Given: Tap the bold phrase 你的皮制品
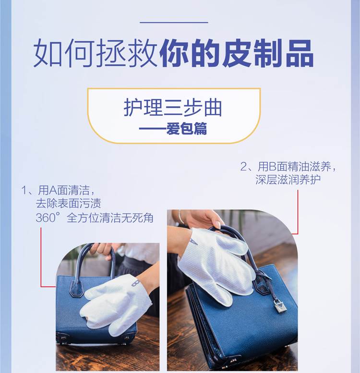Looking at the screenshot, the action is [x=237, y=53].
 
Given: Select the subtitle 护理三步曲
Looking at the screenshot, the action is [x=173, y=108].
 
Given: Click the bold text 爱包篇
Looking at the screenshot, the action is [x=186, y=129].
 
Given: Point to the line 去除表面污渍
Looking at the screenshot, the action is [x=68, y=204].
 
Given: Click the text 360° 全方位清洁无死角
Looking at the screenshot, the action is [x=95, y=217].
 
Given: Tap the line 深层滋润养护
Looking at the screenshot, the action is [x=288, y=180].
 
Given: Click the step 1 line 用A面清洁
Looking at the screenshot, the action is [x=64, y=190].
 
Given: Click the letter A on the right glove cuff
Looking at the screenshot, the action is [x=193, y=241].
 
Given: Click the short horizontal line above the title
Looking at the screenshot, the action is [x=174, y=23].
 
